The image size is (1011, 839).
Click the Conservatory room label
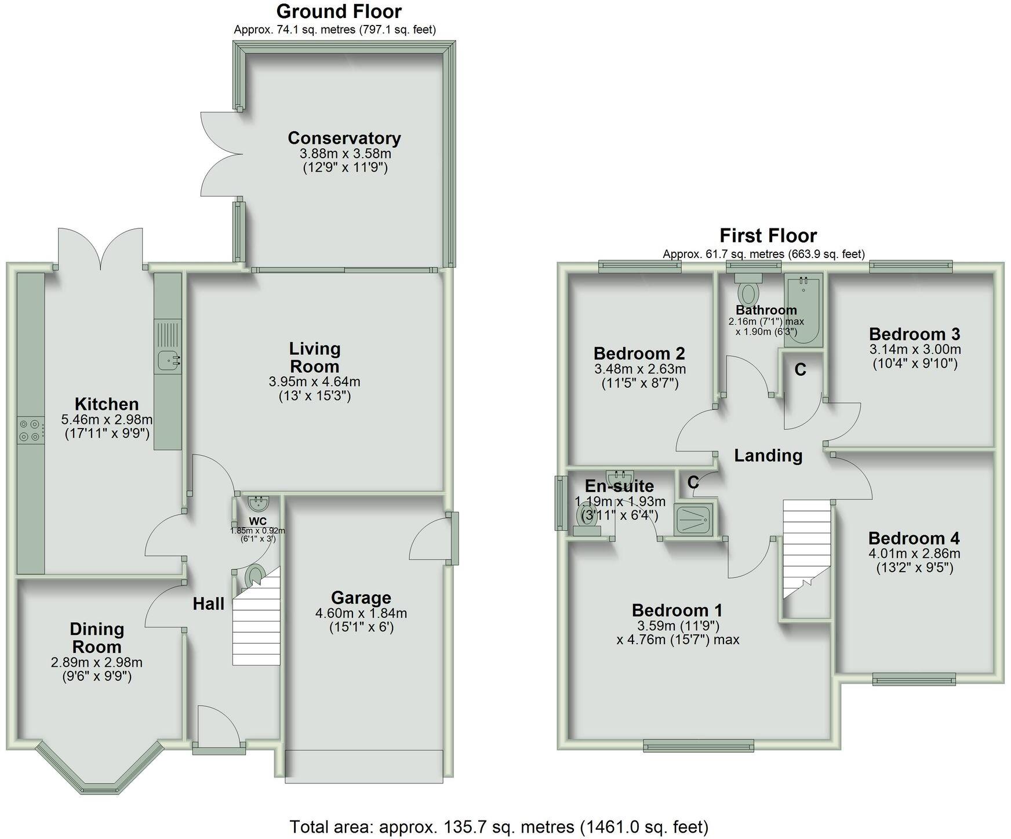(344, 138)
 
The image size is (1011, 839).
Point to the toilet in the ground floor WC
(253, 576)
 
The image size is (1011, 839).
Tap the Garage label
(361, 597)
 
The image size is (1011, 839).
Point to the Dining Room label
(96, 638)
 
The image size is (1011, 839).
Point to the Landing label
(768, 456)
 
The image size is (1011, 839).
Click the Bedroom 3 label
(914, 334)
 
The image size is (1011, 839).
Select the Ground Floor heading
(339, 11)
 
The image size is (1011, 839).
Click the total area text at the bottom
(499, 826)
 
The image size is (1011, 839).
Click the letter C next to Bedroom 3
(800, 369)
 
